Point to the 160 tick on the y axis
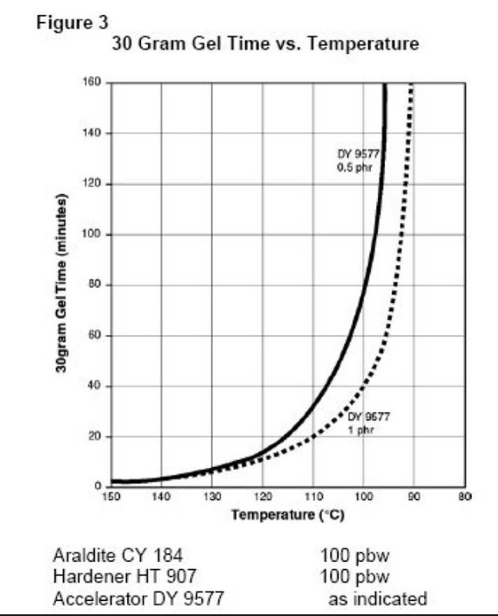pos(93,83)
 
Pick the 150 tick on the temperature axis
pos(112,497)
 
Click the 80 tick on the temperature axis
pos(463,497)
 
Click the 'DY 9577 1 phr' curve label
pos(373,422)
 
